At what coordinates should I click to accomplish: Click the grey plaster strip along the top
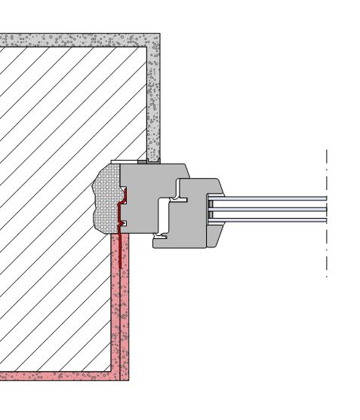75,40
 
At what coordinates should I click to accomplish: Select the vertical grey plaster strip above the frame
153,98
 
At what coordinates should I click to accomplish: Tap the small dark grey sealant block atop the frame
142,161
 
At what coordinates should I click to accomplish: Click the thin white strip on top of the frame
124,161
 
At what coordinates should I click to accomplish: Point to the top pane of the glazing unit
272,198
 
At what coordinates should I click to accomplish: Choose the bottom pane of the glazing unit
272,219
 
